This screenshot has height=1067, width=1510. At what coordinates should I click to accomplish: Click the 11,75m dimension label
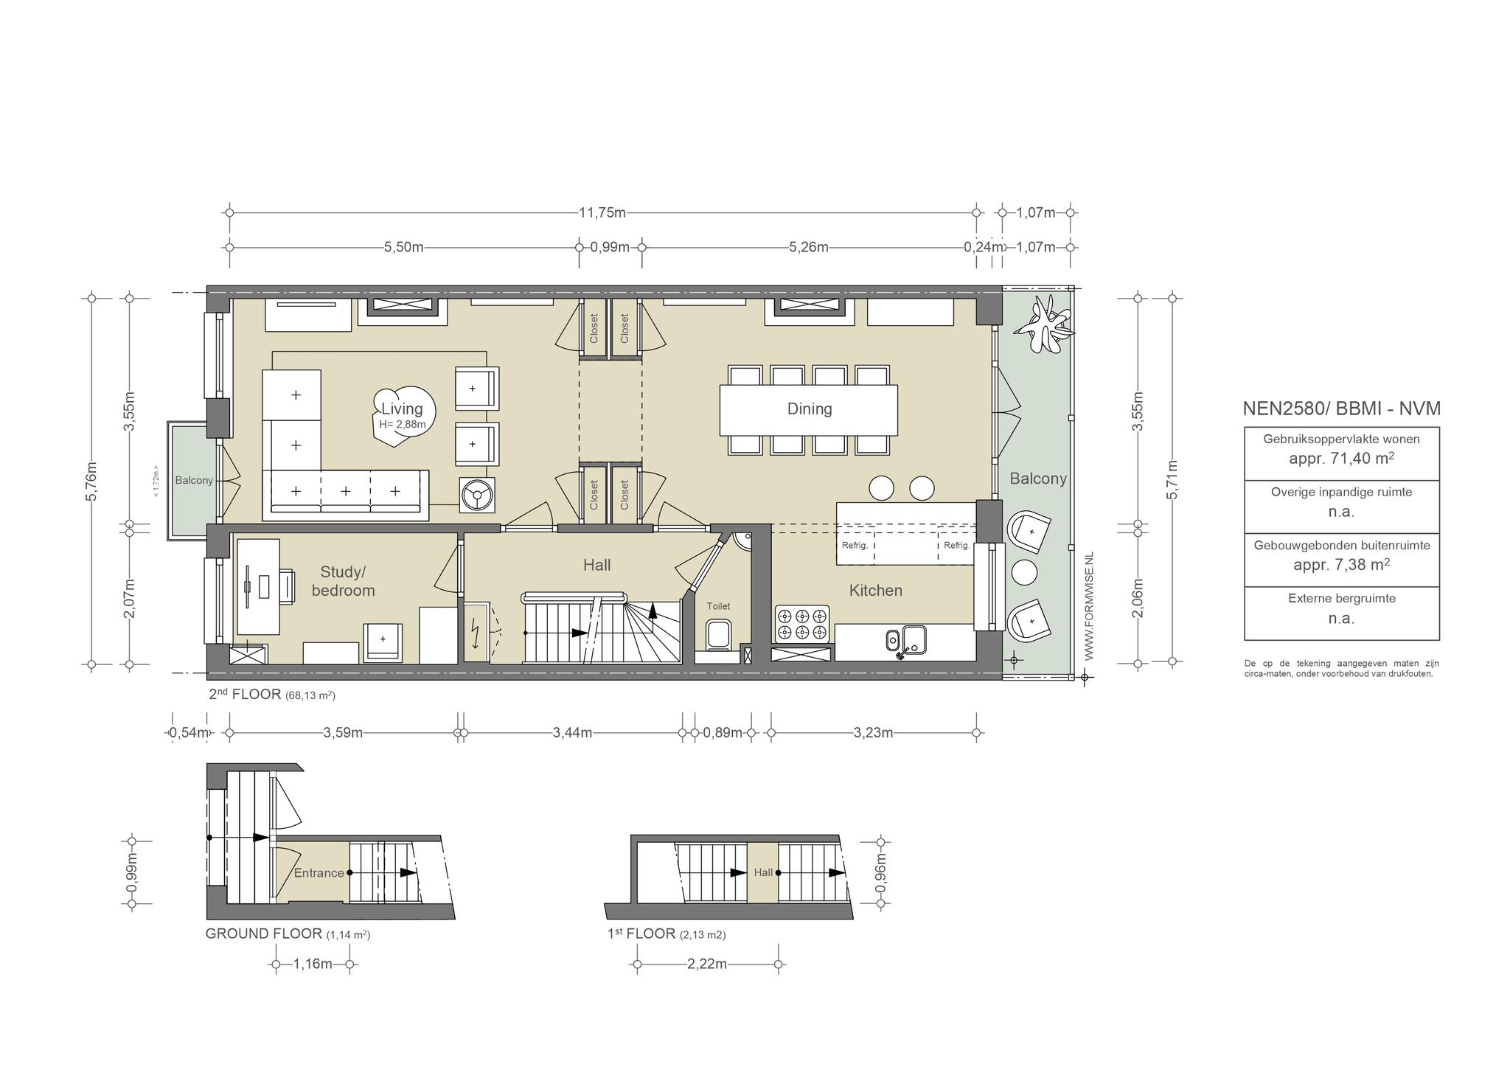(x=602, y=213)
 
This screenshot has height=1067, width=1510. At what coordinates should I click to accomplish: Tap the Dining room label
(x=810, y=409)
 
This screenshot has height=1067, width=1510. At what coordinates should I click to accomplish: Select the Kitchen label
(x=876, y=590)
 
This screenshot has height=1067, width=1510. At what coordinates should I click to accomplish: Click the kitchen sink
(x=906, y=639)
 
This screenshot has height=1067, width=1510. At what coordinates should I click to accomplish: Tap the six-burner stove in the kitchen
(x=802, y=623)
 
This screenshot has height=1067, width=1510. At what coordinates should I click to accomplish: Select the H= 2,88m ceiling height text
(x=402, y=425)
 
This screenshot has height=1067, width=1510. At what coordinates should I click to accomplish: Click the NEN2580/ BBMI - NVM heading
(x=1341, y=409)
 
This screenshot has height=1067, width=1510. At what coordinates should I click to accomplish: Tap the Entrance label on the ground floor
(x=319, y=873)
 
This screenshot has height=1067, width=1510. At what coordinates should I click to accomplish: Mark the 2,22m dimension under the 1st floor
(x=707, y=965)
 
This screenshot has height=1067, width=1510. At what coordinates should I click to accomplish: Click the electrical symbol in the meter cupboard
(x=476, y=633)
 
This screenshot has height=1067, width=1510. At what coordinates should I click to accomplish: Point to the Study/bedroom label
(x=344, y=581)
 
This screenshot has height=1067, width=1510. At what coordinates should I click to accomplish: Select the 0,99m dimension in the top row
(x=610, y=248)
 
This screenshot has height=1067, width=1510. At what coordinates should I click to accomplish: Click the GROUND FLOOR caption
(x=264, y=934)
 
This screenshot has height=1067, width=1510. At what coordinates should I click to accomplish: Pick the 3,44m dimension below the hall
(x=572, y=733)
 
